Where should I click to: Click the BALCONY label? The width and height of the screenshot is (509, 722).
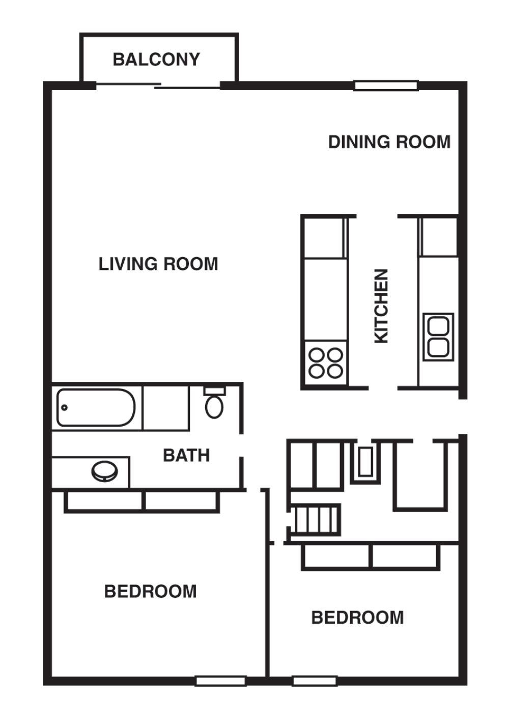(x=156, y=60)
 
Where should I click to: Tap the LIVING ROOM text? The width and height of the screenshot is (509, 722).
(x=158, y=264)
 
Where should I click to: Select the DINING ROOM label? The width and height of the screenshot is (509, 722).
(x=389, y=142)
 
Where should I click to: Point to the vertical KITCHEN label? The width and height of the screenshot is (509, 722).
(x=381, y=306)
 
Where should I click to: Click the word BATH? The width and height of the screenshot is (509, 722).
(x=186, y=455)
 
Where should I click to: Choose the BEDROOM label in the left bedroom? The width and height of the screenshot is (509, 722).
(x=150, y=591)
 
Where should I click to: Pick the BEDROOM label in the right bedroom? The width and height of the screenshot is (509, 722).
(x=357, y=617)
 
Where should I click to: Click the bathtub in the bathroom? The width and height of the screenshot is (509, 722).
(x=96, y=407)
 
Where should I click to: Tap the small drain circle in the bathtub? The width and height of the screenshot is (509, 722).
(x=65, y=407)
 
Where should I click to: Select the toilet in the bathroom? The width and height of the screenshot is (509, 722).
(x=214, y=403)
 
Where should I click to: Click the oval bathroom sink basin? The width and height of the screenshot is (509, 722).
(x=105, y=471)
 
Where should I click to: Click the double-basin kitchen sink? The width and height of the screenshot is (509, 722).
(x=438, y=337)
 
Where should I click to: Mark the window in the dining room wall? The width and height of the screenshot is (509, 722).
(x=386, y=86)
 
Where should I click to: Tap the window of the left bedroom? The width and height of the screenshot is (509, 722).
(x=221, y=681)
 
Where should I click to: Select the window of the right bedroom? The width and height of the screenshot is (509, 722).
(x=315, y=681)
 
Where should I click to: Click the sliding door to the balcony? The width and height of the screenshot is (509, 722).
(x=158, y=86)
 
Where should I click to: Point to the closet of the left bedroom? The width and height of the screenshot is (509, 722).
(x=142, y=501)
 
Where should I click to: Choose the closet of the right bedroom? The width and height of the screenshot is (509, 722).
(x=370, y=556)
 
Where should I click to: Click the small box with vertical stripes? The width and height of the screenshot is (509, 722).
(x=315, y=519)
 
